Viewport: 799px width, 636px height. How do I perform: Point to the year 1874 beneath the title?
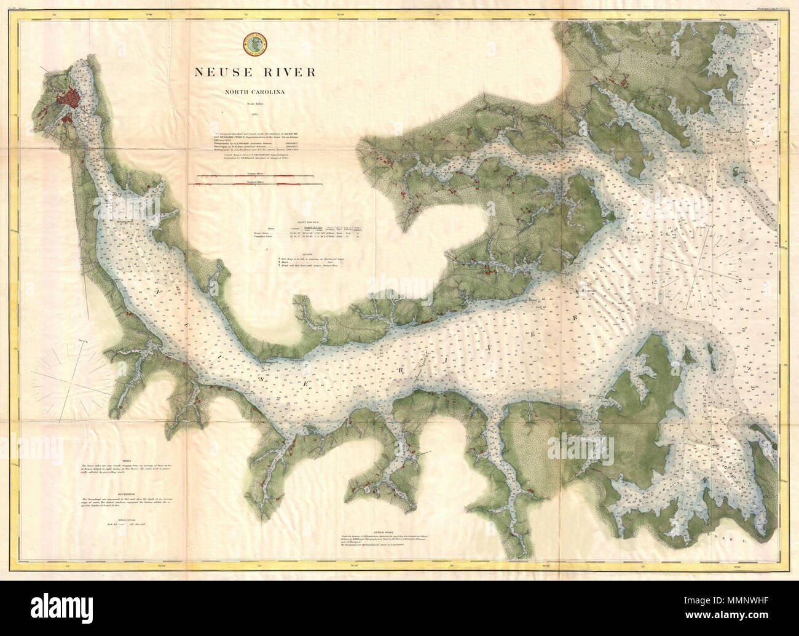pos(254,115)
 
